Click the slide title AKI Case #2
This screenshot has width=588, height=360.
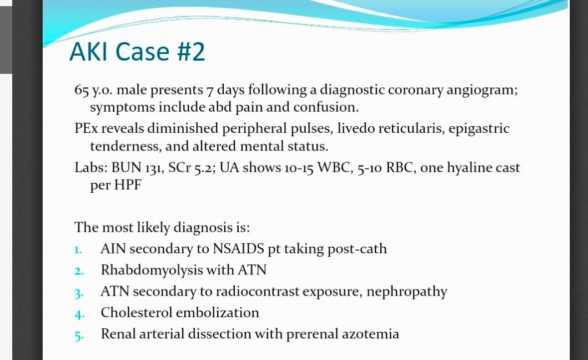coord(137,52)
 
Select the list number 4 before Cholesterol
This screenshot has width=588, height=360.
coord(78,314)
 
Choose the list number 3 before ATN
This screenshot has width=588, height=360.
coord(78,293)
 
